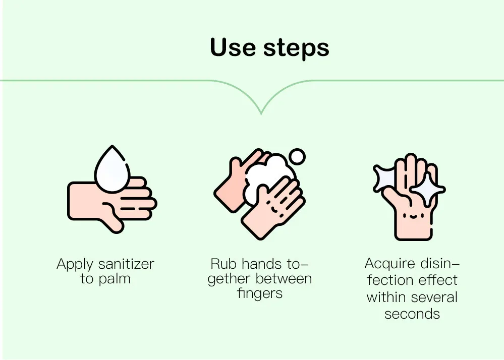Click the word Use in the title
233,48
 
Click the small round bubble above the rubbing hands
298,157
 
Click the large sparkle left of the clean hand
386,177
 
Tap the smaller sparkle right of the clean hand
427,190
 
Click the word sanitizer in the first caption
126,264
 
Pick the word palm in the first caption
115,279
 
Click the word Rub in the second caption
224,264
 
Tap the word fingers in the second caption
259,294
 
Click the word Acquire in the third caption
389,264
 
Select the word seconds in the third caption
412,314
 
